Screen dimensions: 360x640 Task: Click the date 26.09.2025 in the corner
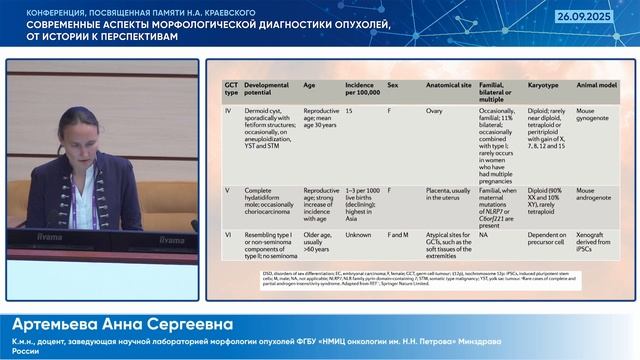605,17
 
